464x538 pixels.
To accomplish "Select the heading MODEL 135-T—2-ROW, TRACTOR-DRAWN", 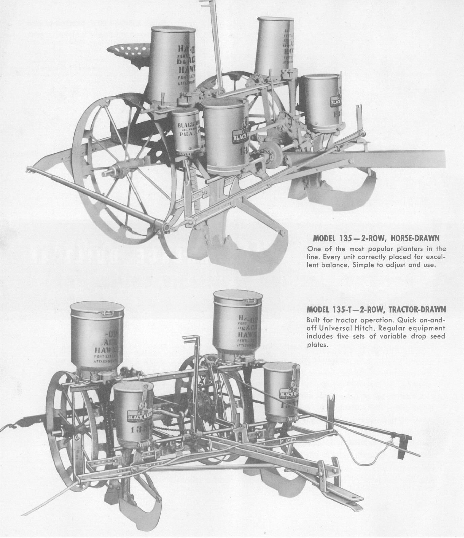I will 377,309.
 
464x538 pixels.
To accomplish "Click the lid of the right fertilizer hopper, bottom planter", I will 238,296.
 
